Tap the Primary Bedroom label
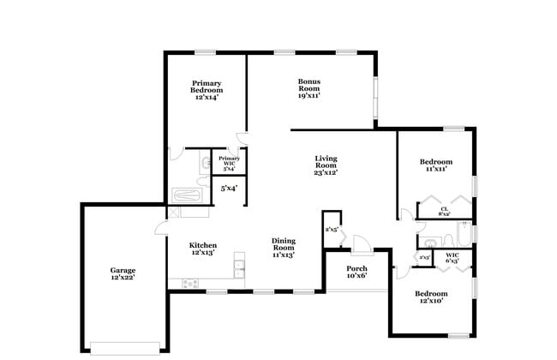[207, 90]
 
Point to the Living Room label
[325, 165]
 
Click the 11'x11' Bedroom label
[435, 165]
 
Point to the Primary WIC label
[229, 163]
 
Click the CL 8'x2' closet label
[445, 211]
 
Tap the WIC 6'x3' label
[451, 257]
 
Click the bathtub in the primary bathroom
[186, 195]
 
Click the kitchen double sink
[240, 271]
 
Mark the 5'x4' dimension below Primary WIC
[229, 188]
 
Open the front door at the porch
[362, 246]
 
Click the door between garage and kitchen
[161, 228]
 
